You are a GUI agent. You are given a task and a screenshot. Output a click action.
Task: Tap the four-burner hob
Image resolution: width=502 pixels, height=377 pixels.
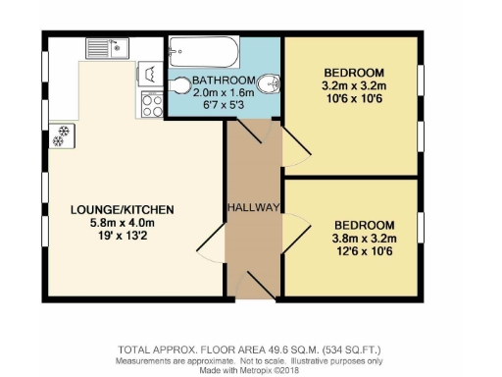pyautogui.click(x=152, y=104)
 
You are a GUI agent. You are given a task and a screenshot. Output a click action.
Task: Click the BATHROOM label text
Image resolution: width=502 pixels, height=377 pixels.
pyautogui.click(x=224, y=80)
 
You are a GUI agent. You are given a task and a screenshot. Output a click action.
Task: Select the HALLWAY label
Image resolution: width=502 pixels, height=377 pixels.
pyautogui.click(x=254, y=207)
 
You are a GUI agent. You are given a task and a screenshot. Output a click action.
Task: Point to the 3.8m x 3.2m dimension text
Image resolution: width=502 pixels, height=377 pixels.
pyautogui.click(x=363, y=238)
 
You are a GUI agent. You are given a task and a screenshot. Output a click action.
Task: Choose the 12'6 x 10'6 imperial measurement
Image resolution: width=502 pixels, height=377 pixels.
pyautogui.click(x=363, y=250)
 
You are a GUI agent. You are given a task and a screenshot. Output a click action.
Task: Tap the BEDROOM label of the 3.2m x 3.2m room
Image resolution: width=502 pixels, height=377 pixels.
pyautogui.click(x=354, y=73)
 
